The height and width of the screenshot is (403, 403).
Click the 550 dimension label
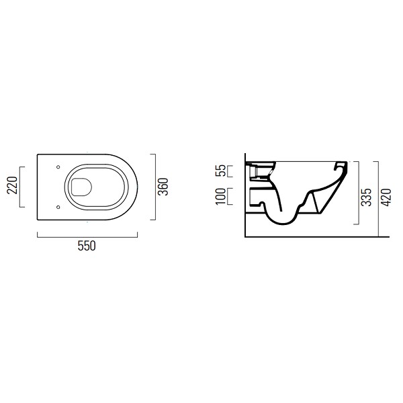pyautogui.click(x=87, y=246)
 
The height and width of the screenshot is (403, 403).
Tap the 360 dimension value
pyautogui.click(x=163, y=187)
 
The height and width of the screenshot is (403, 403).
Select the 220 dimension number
pyautogui.click(x=12, y=185)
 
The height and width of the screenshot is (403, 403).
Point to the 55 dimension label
pyautogui.click(x=220, y=171)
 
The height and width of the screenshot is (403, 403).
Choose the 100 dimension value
pyautogui.click(x=220, y=196)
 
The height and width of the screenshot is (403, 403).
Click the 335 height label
pyautogui.click(x=366, y=197)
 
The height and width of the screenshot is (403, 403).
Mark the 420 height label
pyautogui.click(x=386, y=197)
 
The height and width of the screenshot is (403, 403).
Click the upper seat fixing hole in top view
pyautogui.click(x=58, y=167)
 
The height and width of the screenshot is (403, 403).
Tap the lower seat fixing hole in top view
pyautogui.click(x=58, y=207)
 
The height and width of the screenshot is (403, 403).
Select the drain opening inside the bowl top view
pyautogui.click(x=81, y=187)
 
